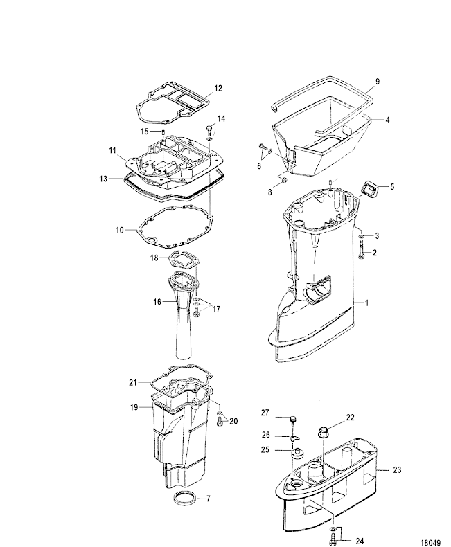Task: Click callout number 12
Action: pos(218,88)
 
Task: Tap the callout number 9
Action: pos(378,81)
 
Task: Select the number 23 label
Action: pos(397,470)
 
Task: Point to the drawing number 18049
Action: pos(430,543)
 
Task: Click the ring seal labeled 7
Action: pos(184,497)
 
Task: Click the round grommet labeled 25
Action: pos(298,453)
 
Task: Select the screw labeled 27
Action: pos(294,420)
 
